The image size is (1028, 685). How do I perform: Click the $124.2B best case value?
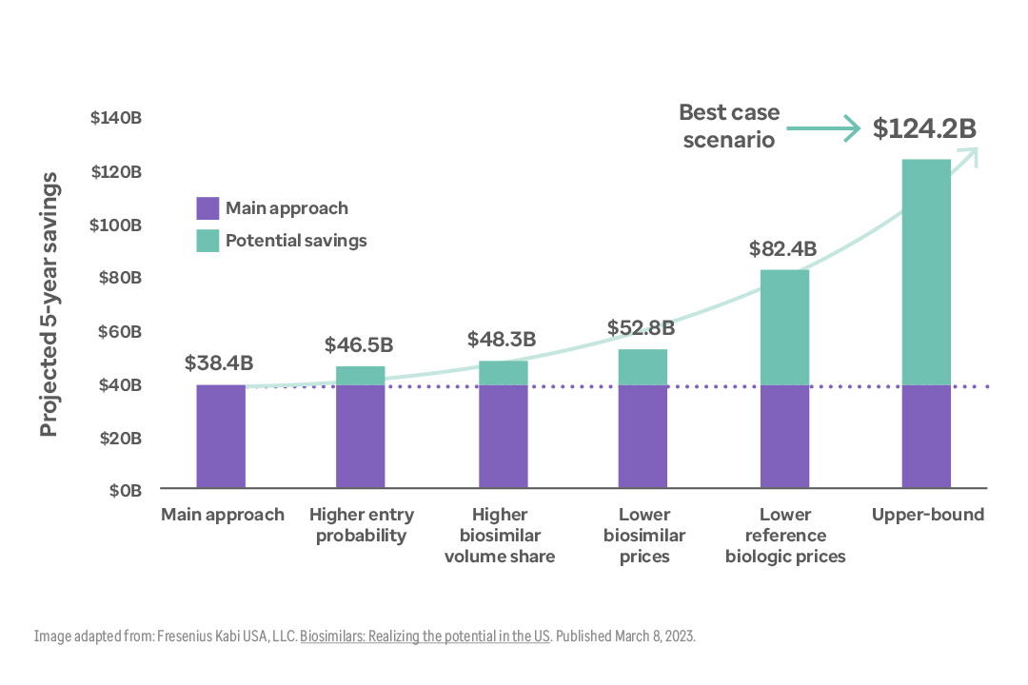click(x=924, y=128)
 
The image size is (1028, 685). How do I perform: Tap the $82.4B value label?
click(x=783, y=249)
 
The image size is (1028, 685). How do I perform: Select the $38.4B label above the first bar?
click(x=219, y=363)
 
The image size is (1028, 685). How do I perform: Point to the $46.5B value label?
click(x=359, y=344)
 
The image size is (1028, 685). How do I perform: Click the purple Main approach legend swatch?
click(x=208, y=208)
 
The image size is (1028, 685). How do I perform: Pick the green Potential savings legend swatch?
click(x=208, y=241)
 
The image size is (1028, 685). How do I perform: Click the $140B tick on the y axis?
click(x=116, y=119)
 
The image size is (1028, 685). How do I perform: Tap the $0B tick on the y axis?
click(x=124, y=491)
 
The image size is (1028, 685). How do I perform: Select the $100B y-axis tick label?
click(x=116, y=225)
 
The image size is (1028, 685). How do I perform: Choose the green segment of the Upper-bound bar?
click(x=926, y=272)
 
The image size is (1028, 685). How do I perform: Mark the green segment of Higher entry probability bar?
click(x=361, y=376)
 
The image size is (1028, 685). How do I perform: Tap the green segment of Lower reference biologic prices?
click(x=784, y=327)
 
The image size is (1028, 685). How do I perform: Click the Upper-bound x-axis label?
click(x=928, y=515)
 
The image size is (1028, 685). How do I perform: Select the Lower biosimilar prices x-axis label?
click(x=643, y=536)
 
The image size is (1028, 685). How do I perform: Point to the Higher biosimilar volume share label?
click(x=500, y=536)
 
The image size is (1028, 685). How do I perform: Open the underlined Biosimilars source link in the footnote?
click(x=425, y=636)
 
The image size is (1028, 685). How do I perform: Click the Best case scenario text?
click(x=729, y=126)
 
